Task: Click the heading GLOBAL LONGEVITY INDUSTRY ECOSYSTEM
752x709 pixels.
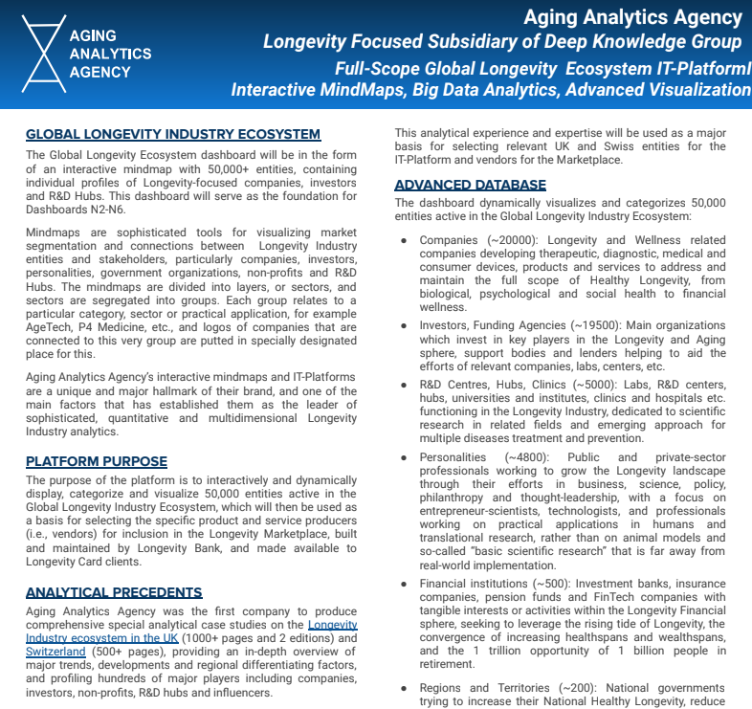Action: coord(173,135)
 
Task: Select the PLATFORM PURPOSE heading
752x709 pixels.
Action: coord(97,461)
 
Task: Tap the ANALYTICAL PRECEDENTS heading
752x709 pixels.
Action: coord(114,593)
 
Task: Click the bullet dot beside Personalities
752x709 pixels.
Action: coord(405,458)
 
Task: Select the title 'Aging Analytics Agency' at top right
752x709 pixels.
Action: coord(632,16)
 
